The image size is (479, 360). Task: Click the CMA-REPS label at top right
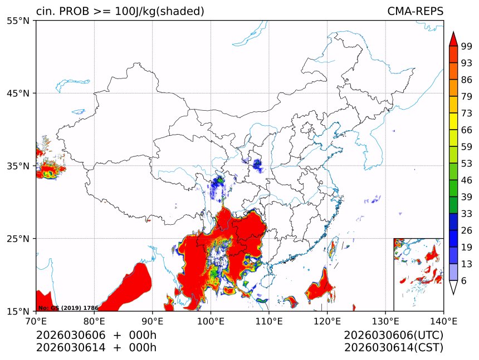415,11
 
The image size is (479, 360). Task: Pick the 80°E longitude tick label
94,320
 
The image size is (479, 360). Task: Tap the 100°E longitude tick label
211,320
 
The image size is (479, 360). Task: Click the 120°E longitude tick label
327,320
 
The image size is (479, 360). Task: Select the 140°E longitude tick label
443,320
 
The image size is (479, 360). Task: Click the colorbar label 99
467,47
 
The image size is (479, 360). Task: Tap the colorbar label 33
467,214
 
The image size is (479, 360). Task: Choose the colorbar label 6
464,281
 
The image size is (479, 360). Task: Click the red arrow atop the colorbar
453,39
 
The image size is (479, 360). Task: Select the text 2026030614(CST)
393,348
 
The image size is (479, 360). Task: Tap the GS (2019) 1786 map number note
68,308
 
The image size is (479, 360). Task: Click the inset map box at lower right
418,274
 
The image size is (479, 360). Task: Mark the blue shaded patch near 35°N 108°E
257,165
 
